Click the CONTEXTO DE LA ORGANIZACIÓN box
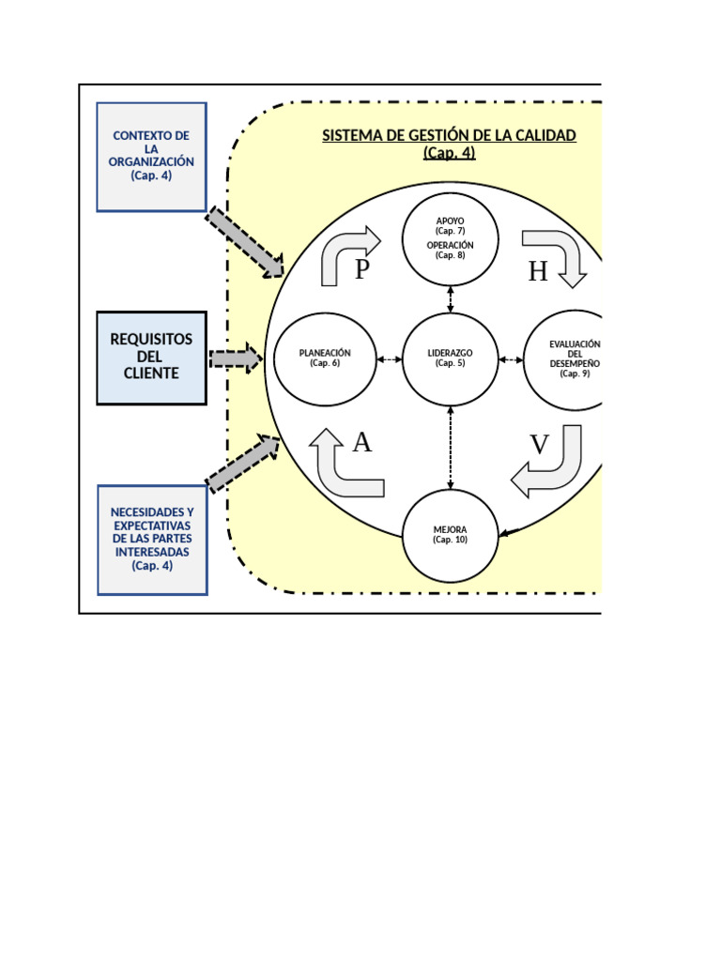pyautogui.click(x=151, y=157)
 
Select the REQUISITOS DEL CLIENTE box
pyautogui.click(x=151, y=358)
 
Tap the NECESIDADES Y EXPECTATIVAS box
pyautogui.click(x=151, y=540)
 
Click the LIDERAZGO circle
pyautogui.click(x=451, y=358)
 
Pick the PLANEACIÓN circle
pyautogui.click(x=325, y=358)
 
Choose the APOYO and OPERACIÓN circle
pyautogui.click(x=451, y=239)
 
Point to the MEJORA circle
pyautogui.click(x=451, y=536)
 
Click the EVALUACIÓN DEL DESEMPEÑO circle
pyautogui.click(x=563, y=360)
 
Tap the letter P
pyautogui.click(x=363, y=270)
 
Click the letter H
pyautogui.click(x=537, y=271)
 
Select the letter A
pyautogui.click(x=362, y=442)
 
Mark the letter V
pyautogui.click(x=539, y=445)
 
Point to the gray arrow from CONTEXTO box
pyautogui.click(x=245, y=242)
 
